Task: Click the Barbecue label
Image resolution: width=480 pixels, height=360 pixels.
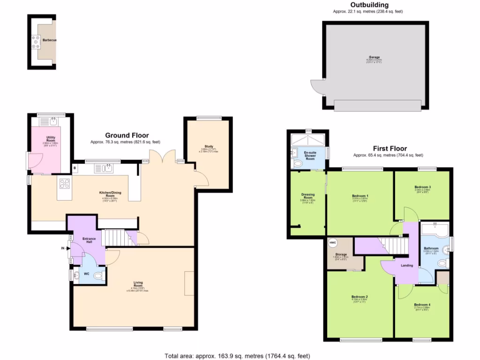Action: [49, 40]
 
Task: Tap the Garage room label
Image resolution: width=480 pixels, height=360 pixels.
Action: [374, 57]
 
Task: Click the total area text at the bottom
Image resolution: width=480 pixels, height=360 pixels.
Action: [237, 355]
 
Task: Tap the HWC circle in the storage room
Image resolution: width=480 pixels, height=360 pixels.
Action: [333, 243]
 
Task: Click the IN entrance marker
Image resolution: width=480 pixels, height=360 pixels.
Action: [62, 248]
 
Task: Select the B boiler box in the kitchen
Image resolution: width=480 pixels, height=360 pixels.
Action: [74, 167]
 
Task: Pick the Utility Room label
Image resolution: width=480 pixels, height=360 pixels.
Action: [51, 139]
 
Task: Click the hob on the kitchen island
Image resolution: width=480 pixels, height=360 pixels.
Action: [65, 184]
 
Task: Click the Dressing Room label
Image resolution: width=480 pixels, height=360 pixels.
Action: [307, 196]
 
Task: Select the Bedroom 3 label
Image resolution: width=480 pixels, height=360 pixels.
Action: [422, 187]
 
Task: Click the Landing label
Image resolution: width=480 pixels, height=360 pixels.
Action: [406, 265]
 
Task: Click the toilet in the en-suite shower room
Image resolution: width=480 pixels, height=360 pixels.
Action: [297, 164]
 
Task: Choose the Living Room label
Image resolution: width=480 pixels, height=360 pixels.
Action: [138, 283]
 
